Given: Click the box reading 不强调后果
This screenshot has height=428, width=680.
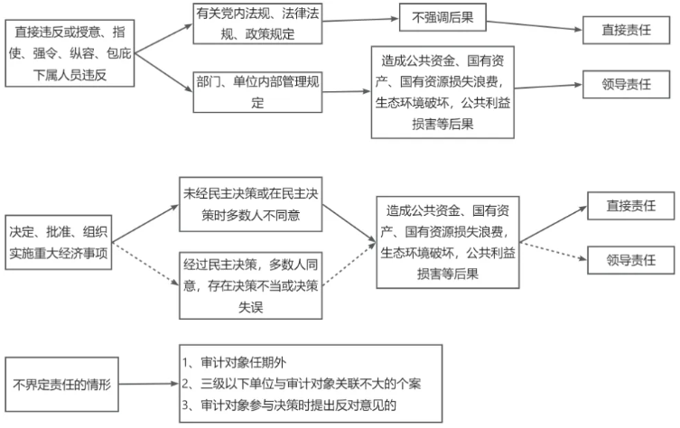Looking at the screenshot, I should (442, 16).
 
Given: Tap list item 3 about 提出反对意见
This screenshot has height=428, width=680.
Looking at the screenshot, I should (289, 405).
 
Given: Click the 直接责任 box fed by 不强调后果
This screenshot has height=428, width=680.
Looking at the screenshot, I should (626, 30).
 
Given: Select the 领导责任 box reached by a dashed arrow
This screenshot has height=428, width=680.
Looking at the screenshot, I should (630, 259).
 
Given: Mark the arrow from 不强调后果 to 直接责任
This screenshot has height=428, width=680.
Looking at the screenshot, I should (533, 23).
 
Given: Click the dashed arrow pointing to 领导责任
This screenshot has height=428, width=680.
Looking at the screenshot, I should (554, 248).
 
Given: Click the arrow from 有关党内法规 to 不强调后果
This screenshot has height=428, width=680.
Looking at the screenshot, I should (360, 19).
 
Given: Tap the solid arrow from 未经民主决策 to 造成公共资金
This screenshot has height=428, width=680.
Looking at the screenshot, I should (347, 221).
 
